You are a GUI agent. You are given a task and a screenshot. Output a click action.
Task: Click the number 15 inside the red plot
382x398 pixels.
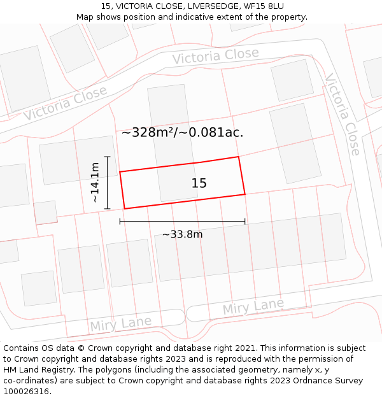[x=199, y=183]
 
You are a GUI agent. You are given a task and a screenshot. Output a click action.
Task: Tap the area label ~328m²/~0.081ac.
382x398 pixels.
[x=182, y=132]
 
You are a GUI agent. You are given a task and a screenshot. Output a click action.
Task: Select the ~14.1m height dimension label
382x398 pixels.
[x=95, y=183]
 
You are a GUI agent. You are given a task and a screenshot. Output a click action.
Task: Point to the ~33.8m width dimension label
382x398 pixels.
[x=182, y=234]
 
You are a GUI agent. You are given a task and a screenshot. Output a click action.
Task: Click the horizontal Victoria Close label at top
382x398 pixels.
[x=215, y=56]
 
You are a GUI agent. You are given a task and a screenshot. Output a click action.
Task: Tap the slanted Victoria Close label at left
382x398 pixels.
[x=66, y=103]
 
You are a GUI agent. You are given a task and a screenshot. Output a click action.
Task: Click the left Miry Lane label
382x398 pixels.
[x=121, y=323]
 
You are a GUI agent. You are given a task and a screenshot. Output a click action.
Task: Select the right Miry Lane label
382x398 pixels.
[x=253, y=306]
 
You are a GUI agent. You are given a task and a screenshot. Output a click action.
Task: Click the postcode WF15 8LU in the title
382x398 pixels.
[x=264, y=6]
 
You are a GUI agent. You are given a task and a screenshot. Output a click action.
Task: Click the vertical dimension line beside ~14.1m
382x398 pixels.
[x=108, y=183]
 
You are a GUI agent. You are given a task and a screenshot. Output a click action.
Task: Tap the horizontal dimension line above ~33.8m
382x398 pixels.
[x=182, y=222]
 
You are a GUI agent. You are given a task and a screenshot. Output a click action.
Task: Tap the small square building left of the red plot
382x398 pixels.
[x=45, y=213]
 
